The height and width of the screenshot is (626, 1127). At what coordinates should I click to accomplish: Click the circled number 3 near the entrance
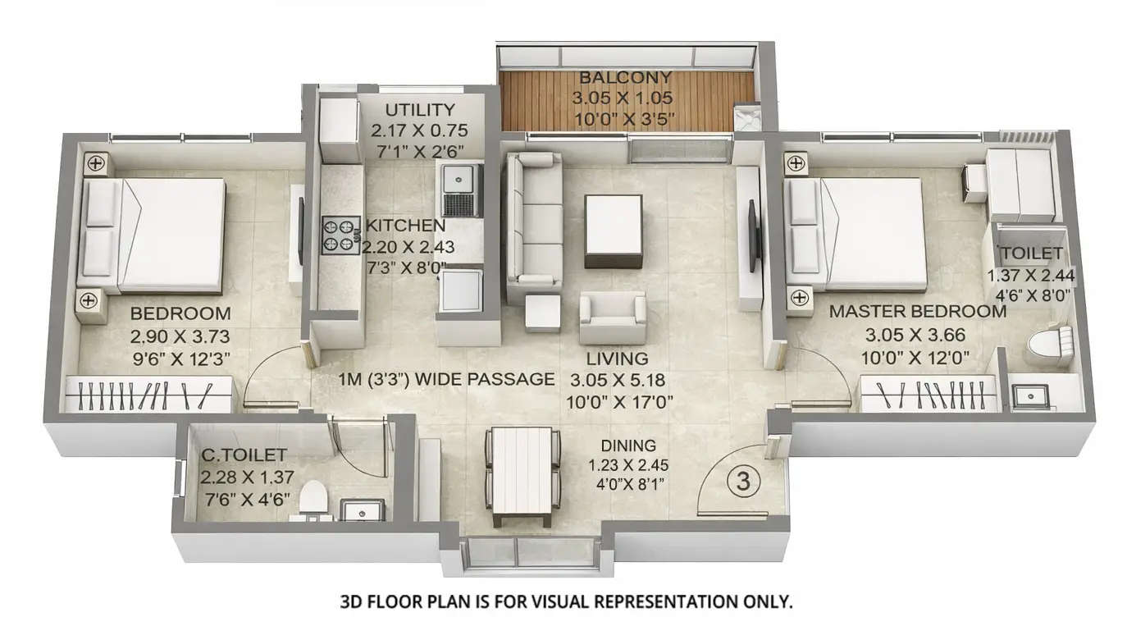coord(743,482)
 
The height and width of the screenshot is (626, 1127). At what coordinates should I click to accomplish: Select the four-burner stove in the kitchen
coord(340,235)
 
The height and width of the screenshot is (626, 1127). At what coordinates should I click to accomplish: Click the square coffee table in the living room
coord(613,231)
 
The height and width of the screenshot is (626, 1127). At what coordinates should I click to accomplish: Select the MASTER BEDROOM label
coord(917,312)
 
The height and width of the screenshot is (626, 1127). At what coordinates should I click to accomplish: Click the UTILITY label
coord(419,110)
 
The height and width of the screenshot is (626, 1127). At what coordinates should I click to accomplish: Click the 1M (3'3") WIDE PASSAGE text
coord(447,379)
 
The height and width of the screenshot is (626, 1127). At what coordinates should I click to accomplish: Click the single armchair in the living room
coord(612,318)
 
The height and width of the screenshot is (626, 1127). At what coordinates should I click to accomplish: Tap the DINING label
coord(628,446)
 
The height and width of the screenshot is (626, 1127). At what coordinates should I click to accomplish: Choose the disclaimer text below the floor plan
coord(566,601)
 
